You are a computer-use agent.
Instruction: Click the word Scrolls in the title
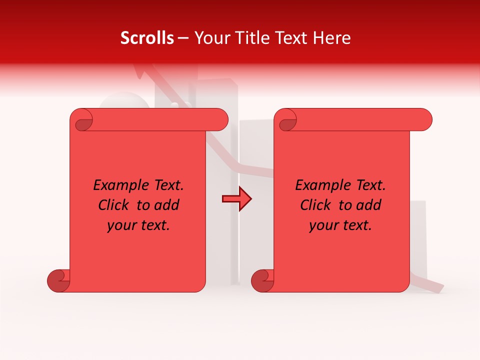pos(147,38)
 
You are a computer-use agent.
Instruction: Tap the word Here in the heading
pos(330,38)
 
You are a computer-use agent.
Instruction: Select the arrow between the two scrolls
pos(236,199)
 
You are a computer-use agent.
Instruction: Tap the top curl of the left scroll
pos(81,120)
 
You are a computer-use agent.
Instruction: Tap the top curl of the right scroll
pos(286,120)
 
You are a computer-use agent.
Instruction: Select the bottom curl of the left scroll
pos(58,280)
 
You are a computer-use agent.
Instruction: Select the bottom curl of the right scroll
pos(262,280)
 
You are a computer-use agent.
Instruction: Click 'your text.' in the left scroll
pos(138,225)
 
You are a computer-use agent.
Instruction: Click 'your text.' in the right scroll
pos(340,225)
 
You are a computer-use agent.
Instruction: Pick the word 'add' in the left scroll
pos(167,205)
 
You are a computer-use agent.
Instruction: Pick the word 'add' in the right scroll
pos(369,205)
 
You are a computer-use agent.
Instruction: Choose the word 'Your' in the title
pos(212,38)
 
